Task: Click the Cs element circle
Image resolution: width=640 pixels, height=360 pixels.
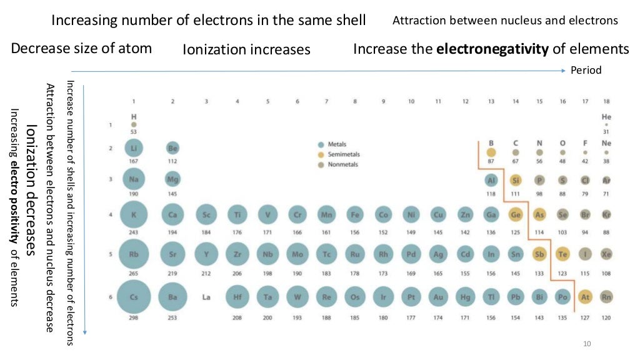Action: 133,297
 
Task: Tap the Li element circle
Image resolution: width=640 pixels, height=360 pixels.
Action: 133,148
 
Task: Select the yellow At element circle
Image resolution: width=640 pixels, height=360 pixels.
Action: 586,297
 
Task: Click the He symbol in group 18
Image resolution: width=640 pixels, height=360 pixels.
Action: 606,117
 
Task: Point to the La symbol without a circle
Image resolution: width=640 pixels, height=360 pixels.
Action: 206,297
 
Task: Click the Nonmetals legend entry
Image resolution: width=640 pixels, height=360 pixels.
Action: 342,165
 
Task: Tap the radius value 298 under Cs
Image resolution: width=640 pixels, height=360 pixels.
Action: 133,318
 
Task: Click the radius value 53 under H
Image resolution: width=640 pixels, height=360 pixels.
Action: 133,132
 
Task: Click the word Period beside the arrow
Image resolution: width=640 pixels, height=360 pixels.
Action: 586,70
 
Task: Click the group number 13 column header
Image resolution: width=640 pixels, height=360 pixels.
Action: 491,101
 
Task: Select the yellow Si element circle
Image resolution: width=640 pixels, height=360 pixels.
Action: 516,181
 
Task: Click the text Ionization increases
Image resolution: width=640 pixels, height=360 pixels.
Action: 246,49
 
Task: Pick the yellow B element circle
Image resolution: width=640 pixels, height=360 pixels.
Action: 491,152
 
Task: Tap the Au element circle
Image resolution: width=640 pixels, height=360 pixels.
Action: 438,297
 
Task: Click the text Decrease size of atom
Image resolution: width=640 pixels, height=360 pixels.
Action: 81,48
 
